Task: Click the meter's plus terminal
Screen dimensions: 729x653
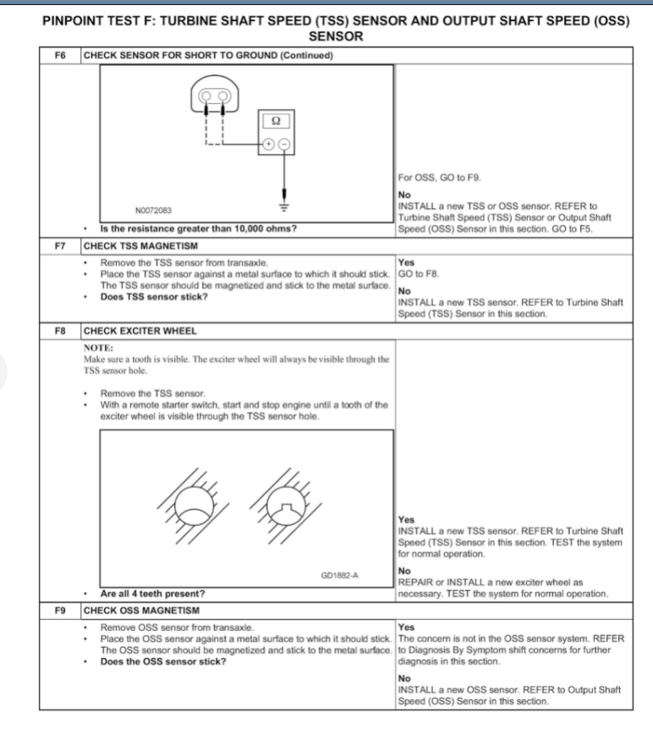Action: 269,144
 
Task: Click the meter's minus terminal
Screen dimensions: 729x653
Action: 284,144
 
